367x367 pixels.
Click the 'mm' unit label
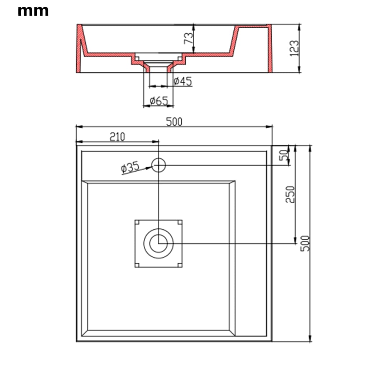(x=33, y=11)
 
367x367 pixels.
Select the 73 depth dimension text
(x=189, y=37)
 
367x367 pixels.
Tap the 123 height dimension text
(x=294, y=48)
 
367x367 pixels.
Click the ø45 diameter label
(x=182, y=81)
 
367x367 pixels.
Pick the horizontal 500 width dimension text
(x=174, y=122)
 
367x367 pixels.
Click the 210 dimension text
(x=117, y=137)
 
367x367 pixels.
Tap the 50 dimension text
(x=284, y=155)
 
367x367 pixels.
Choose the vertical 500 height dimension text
(x=305, y=243)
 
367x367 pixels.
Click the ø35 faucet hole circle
(x=158, y=165)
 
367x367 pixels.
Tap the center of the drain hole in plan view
(x=158, y=243)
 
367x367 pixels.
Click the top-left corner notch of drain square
(x=137, y=222)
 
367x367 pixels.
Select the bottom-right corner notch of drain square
(x=180, y=265)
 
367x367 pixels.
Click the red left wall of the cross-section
(x=79, y=48)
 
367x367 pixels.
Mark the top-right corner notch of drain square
(x=180, y=222)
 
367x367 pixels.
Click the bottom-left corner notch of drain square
(x=137, y=265)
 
